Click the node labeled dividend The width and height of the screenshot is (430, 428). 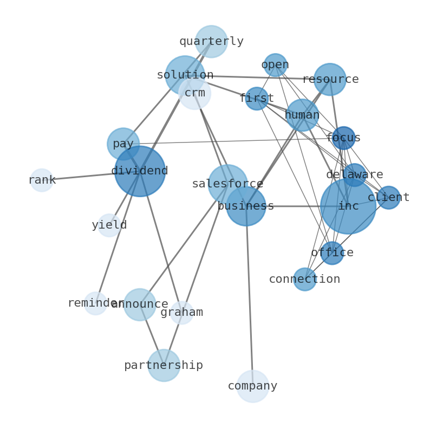click(x=140, y=171)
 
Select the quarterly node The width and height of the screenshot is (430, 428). click(x=211, y=41)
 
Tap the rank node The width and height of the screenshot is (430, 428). click(x=42, y=180)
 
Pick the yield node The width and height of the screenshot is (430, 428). click(x=109, y=225)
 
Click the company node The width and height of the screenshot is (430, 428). click(x=252, y=386)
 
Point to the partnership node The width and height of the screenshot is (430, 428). click(x=164, y=365)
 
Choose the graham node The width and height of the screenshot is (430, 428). click(x=182, y=313)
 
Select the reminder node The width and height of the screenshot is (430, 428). click(x=95, y=303)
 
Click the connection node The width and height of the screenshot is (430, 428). click(x=305, y=279)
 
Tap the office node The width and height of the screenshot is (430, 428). click(x=332, y=253)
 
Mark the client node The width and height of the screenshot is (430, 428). click(x=388, y=198)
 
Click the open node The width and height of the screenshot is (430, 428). click(x=275, y=65)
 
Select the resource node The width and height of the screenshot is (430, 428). click(x=330, y=79)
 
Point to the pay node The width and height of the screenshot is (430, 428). click(x=123, y=144)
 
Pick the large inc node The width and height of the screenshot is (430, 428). click(x=348, y=206)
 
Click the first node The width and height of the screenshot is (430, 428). click(x=257, y=99)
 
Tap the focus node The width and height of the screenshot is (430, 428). click(x=343, y=138)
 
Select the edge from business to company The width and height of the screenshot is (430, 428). click(x=249, y=298)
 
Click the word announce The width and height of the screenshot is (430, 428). click(x=140, y=304)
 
